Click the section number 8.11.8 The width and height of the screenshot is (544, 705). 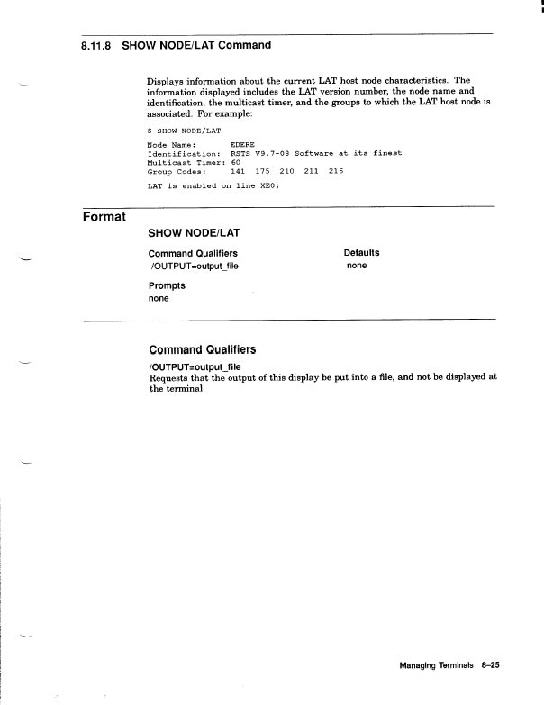pyautogui.click(x=95, y=45)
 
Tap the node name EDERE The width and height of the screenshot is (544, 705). pyautogui.click(x=243, y=144)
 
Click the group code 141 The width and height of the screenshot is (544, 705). pyautogui.click(x=239, y=169)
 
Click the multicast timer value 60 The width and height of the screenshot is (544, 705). pyautogui.click(x=236, y=161)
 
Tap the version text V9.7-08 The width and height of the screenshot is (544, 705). pyautogui.click(x=272, y=153)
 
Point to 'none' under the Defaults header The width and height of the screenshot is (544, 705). pyautogui.click(x=357, y=267)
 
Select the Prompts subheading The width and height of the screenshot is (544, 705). pyautogui.click(x=167, y=285)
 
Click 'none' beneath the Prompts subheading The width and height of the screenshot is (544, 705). pyautogui.click(x=159, y=299)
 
